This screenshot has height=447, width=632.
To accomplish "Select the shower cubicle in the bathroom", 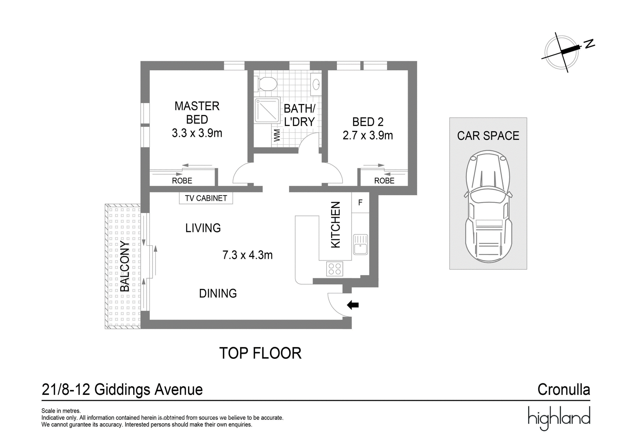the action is click(x=267, y=110).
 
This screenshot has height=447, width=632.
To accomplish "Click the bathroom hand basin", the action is click(x=316, y=84).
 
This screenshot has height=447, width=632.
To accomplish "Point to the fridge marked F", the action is click(x=360, y=202).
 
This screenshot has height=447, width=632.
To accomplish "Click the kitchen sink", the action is click(x=360, y=244).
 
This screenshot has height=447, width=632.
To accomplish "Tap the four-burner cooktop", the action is click(x=335, y=268).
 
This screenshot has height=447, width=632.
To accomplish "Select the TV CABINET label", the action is click(x=206, y=198).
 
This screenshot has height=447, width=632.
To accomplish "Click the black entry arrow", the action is click(x=353, y=305).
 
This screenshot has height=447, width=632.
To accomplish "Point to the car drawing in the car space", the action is click(x=488, y=206).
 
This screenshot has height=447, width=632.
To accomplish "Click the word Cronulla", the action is click(x=564, y=390).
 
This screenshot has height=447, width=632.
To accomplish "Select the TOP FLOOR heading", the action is click(x=260, y=353).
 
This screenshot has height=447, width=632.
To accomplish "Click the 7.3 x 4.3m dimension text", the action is click(x=247, y=255).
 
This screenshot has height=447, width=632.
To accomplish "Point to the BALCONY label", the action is click(x=125, y=266).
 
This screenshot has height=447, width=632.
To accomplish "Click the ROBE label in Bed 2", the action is click(x=384, y=181).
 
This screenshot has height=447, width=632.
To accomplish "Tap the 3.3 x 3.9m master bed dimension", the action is click(x=197, y=133).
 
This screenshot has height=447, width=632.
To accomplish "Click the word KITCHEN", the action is click(x=335, y=225).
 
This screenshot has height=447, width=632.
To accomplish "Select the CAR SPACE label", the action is click(x=488, y=136).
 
